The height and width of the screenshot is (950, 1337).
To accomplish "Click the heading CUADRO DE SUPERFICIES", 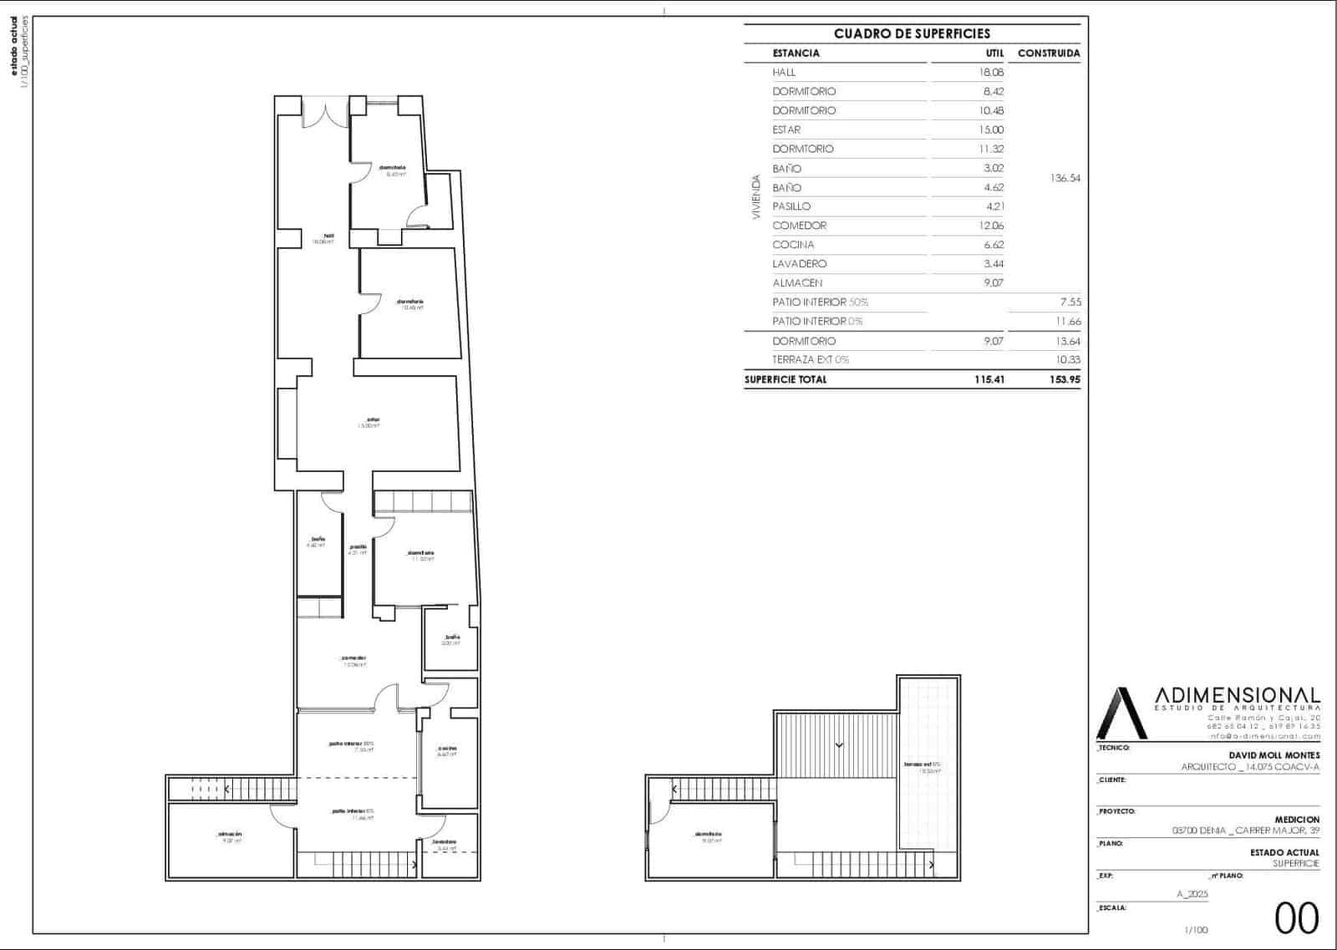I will click(912, 34).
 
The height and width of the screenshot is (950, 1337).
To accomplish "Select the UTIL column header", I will click(994, 53).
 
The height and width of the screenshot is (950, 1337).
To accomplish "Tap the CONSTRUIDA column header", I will click(1049, 53).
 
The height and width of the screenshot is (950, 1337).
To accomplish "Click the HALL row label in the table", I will click(784, 73).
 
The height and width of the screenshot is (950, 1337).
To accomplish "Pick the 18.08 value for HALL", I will click(991, 73).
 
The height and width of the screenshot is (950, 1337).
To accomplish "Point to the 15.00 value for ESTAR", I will click(991, 130).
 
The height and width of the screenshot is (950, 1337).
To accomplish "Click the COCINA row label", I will click(793, 245).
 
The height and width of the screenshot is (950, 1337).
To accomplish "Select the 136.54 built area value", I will click(1065, 178).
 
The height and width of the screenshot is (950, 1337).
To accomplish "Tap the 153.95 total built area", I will click(1065, 379).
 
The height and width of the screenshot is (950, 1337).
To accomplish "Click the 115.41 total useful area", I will click(989, 379).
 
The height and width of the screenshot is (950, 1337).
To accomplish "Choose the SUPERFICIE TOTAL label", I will click(785, 379).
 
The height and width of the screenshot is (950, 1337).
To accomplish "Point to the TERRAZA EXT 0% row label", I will click(811, 360).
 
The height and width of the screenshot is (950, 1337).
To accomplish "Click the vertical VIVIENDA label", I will click(756, 197).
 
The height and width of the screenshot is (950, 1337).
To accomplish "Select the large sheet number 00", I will click(1296, 918).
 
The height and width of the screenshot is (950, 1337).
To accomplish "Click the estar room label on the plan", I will click(370, 420).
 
